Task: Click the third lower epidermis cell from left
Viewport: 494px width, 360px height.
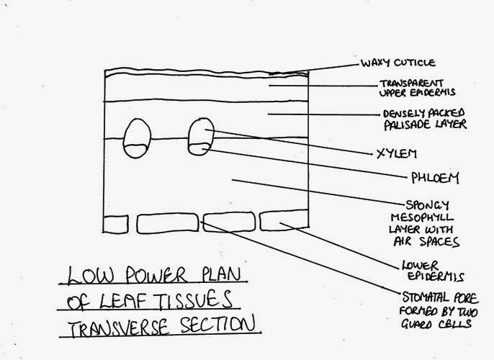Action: [x=227, y=222]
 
